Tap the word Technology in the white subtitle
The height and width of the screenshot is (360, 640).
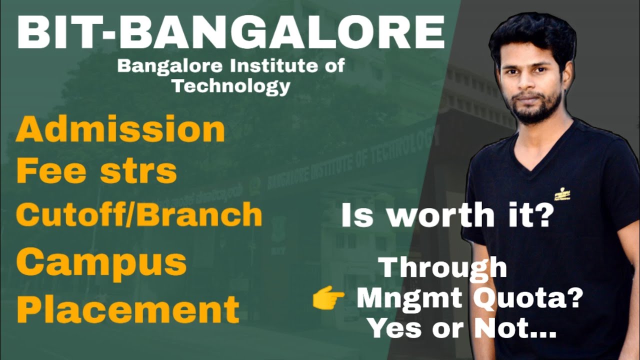[x=231, y=86]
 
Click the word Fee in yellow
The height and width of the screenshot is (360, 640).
[x=46, y=171]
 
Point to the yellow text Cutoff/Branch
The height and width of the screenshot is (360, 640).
[x=139, y=215]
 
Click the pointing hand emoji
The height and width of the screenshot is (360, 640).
[x=328, y=299]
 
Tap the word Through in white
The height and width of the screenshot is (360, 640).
[x=443, y=268]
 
